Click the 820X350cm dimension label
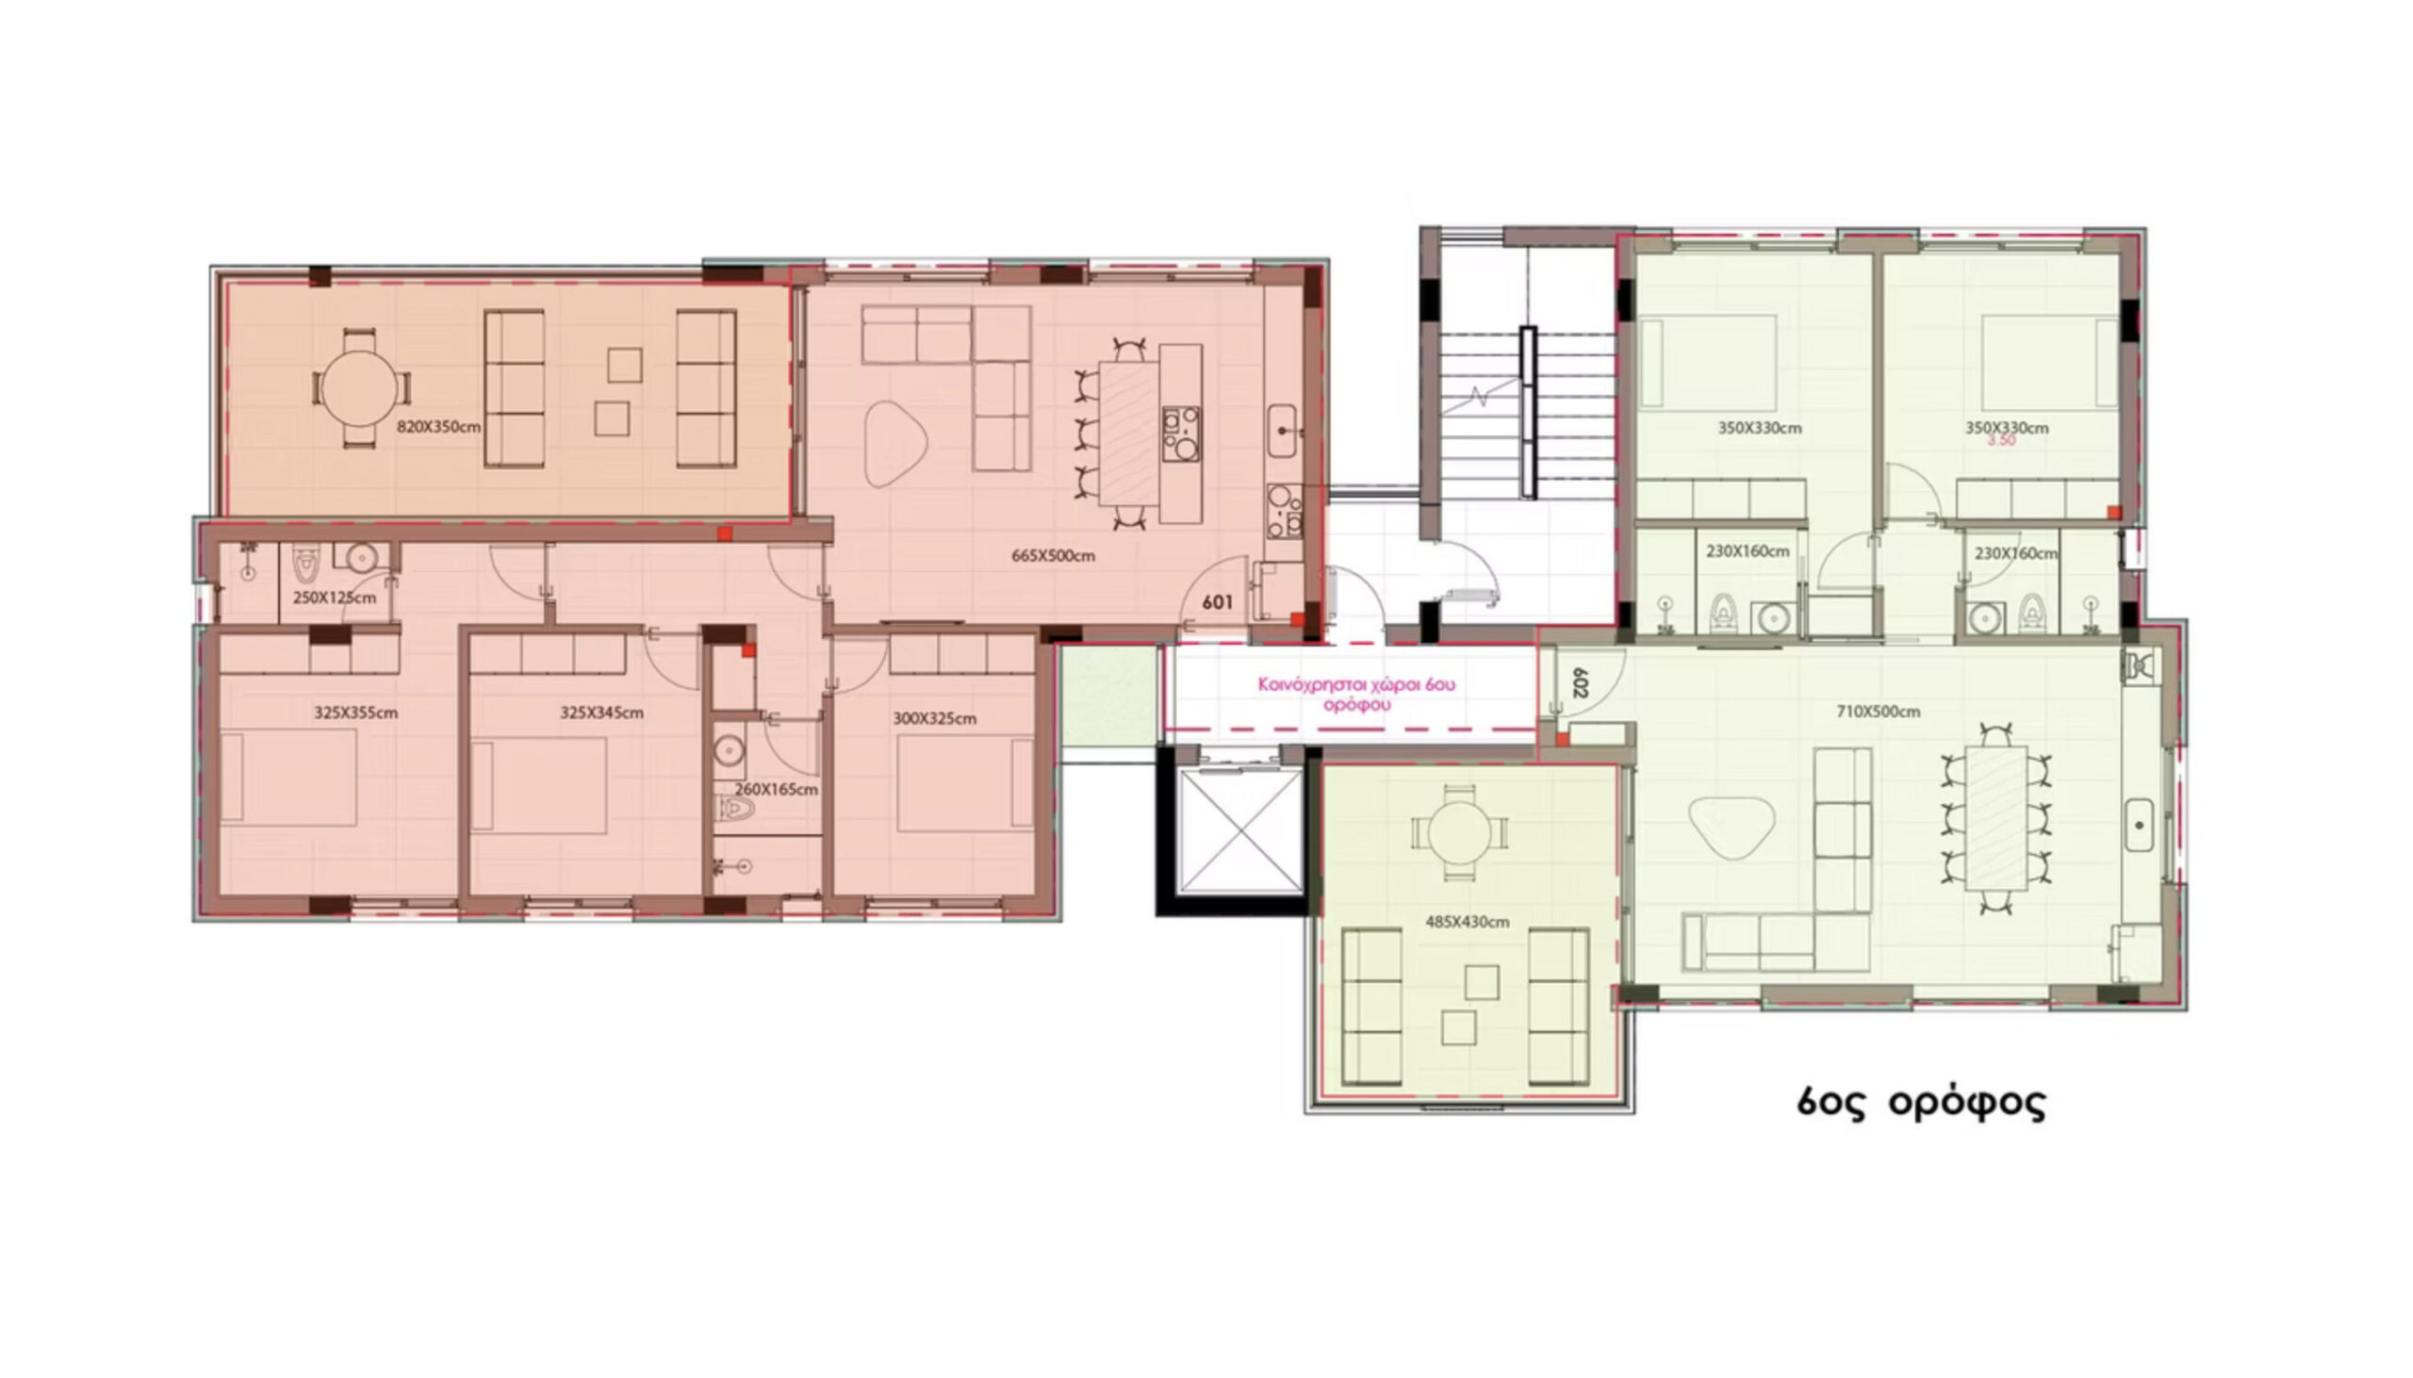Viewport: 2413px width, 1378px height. click(438, 427)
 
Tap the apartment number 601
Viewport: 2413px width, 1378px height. click(1217, 602)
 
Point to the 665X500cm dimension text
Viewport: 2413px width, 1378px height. click(1052, 555)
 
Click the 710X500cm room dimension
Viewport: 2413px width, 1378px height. click(1878, 712)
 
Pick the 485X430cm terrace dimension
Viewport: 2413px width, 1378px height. click(1467, 921)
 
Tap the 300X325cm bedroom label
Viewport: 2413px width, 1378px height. click(934, 718)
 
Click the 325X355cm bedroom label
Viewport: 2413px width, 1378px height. click(355, 712)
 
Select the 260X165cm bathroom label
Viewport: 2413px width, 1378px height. click(776, 788)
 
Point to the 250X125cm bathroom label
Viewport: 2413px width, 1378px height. click(334, 599)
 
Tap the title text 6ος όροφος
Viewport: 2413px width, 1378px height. click(1921, 1104)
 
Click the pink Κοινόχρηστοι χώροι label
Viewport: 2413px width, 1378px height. click(1356, 693)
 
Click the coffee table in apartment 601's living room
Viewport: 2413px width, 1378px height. click(895, 444)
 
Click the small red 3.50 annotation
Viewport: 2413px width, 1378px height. click(2001, 440)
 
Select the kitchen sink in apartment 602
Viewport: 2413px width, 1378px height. click(2139, 827)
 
